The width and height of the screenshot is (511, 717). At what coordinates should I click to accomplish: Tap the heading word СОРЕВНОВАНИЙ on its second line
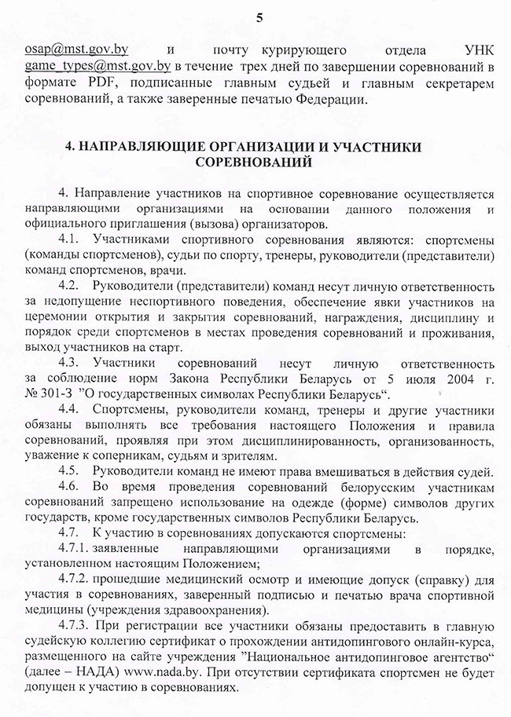[255, 163]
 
